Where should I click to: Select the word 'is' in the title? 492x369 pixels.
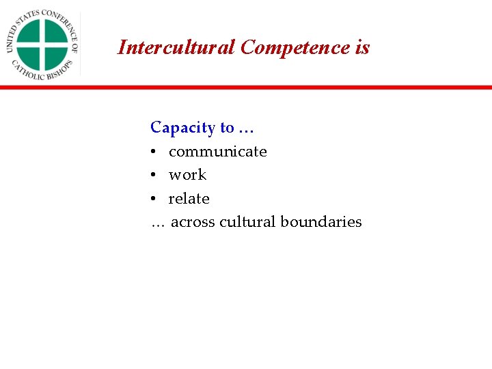click(x=362, y=47)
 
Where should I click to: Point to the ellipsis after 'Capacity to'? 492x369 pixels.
click(x=246, y=128)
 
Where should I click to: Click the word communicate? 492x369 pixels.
click(x=217, y=152)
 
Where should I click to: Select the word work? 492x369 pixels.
click(x=187, y=175)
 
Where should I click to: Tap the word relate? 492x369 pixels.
click(x=189, y=199)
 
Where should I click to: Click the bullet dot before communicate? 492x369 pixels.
click(x=154, y=152)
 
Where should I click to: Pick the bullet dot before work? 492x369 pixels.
click(x=154, y=176)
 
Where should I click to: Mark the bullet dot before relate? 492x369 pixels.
click(x=154, y=199)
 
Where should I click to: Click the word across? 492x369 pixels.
click(x=193, y=222)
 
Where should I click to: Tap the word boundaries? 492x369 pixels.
click(x=320, y=222)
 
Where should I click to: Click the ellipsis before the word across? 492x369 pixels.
click(x=158, y=223)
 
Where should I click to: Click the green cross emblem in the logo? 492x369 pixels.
click(x=42, y=44)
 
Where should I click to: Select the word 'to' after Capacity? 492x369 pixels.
click(x=227, y=128)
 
